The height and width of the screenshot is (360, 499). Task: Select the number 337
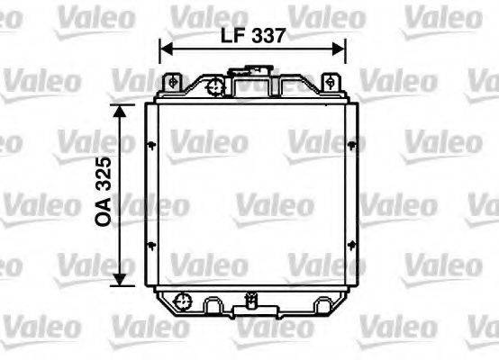[x=268, y=36]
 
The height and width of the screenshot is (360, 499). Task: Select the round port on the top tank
[x=215, y=87]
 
